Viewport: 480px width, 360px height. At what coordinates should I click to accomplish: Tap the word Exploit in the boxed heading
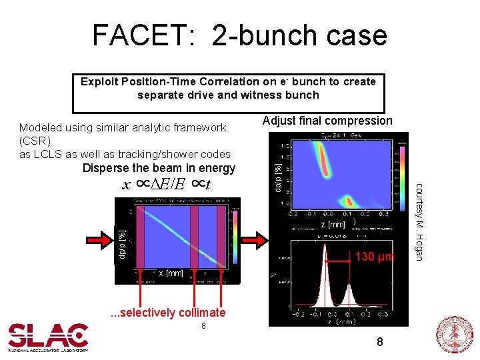coord(102,82)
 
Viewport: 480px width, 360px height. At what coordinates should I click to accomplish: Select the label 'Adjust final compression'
coord(327,121)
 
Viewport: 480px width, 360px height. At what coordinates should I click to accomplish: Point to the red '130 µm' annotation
coord(375,257)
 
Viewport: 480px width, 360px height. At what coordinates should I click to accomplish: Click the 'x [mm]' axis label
coord(171,273)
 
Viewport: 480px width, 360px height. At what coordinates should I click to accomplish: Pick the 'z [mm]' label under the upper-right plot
coord(333,225)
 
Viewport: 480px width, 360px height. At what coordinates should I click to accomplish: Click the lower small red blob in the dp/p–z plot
coord(347,201)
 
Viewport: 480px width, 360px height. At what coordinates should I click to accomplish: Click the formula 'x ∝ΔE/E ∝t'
coord(167,184)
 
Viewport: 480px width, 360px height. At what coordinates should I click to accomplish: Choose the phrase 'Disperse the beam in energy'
coord(159,168)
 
